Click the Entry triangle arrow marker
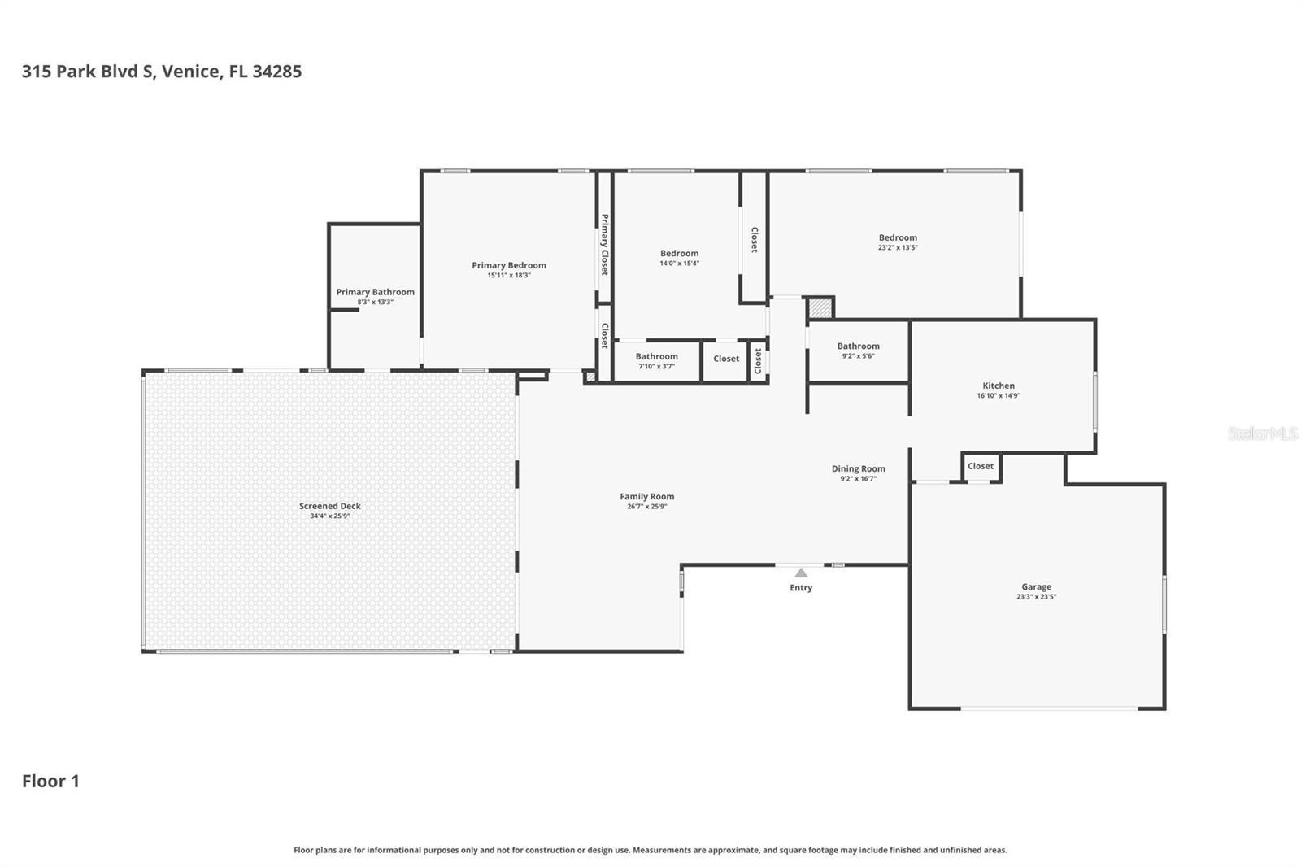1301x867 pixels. (x=801, y=573)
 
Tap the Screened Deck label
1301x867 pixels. (x=329, y=506)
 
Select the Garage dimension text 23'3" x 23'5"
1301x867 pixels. (x=1036, y=597)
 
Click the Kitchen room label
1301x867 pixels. (x=998, y=386)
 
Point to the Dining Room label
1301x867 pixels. (x=858, y=468)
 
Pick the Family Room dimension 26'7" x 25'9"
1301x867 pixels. (x=646, y=507)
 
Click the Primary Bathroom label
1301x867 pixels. (x=375, y=292)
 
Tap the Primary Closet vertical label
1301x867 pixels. (x=604, y=244)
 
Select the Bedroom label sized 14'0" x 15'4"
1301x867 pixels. (x=679, y=253)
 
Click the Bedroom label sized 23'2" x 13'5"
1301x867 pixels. (x=898, y=237)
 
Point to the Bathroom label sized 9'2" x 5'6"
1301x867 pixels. (x=858, y=346)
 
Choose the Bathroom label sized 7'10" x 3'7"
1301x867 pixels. (x=656, y=356)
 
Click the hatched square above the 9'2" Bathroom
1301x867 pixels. (x=820, y=308)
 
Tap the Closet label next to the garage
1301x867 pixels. (x=980, y=466)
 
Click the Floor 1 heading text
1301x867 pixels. (x=50, y=781)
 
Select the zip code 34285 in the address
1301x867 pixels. (x=276, y=72)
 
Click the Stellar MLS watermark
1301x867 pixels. (x=1262, y=433)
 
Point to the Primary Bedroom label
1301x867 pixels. (x=508, y=265)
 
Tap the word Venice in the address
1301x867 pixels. (x=190, y=72)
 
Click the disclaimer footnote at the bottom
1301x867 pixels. (x=650, y=850)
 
